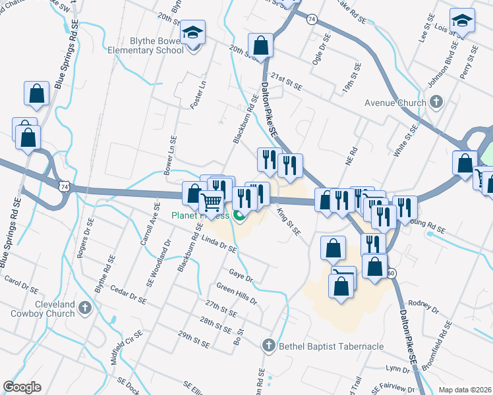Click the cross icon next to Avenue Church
(x=435, y=102)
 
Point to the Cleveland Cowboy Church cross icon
(x=85, y=307)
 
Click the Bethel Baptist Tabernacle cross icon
(x=268, y=345)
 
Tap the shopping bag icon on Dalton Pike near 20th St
(x=261, y=46)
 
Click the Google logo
(x=22, y=387)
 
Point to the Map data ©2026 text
(x=465, y=390)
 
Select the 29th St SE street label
(x=193, y=339)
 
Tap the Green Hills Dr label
(x=236, y=292)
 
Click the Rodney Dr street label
(x=423, y=305)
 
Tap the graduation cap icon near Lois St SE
(x=462, y=21)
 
